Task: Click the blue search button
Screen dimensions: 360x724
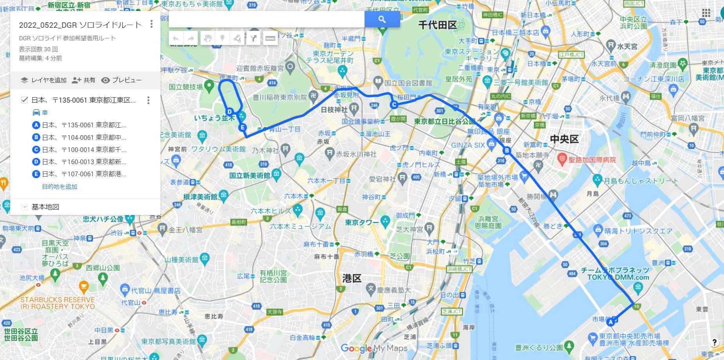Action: (382, 19)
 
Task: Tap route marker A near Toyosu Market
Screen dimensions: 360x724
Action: (610, 322)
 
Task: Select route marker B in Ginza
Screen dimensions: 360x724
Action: (507, 150)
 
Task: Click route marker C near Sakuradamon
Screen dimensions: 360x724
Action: (394, 105)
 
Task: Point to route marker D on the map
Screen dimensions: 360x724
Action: (230, 112)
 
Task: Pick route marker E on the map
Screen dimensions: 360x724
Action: (243, 127)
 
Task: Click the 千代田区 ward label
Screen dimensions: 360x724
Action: (437, 25)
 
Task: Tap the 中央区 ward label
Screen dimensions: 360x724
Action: (564, 139)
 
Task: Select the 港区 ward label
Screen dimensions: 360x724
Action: (351, 279)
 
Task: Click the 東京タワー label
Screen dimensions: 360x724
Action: (362, 223)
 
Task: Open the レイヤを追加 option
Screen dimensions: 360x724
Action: (43, 80)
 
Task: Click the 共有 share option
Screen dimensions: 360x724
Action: (84, 80)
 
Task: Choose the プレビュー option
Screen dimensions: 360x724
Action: (121, 80)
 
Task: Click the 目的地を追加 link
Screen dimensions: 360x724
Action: (60, 187)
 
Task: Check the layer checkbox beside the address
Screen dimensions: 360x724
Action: (24, 100)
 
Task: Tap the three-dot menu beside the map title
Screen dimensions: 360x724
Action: (152, 24)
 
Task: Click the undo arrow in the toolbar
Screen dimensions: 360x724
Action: (176, 38)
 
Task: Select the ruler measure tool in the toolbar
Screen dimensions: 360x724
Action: (270, 38)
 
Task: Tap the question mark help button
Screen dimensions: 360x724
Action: (714, 342)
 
